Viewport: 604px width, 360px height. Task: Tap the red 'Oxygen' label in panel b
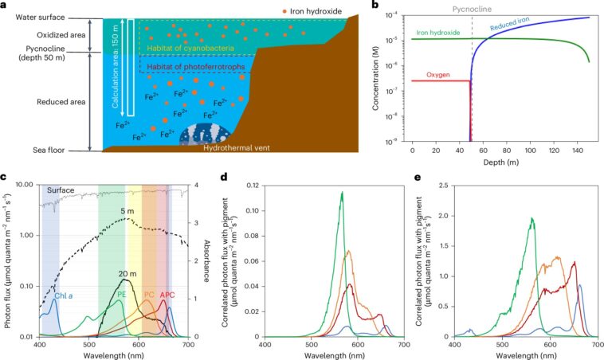[x=437, y=74]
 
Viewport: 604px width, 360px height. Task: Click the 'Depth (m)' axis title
[x=500, y=160]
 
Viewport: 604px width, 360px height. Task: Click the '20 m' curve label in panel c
[x=127, y=274]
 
